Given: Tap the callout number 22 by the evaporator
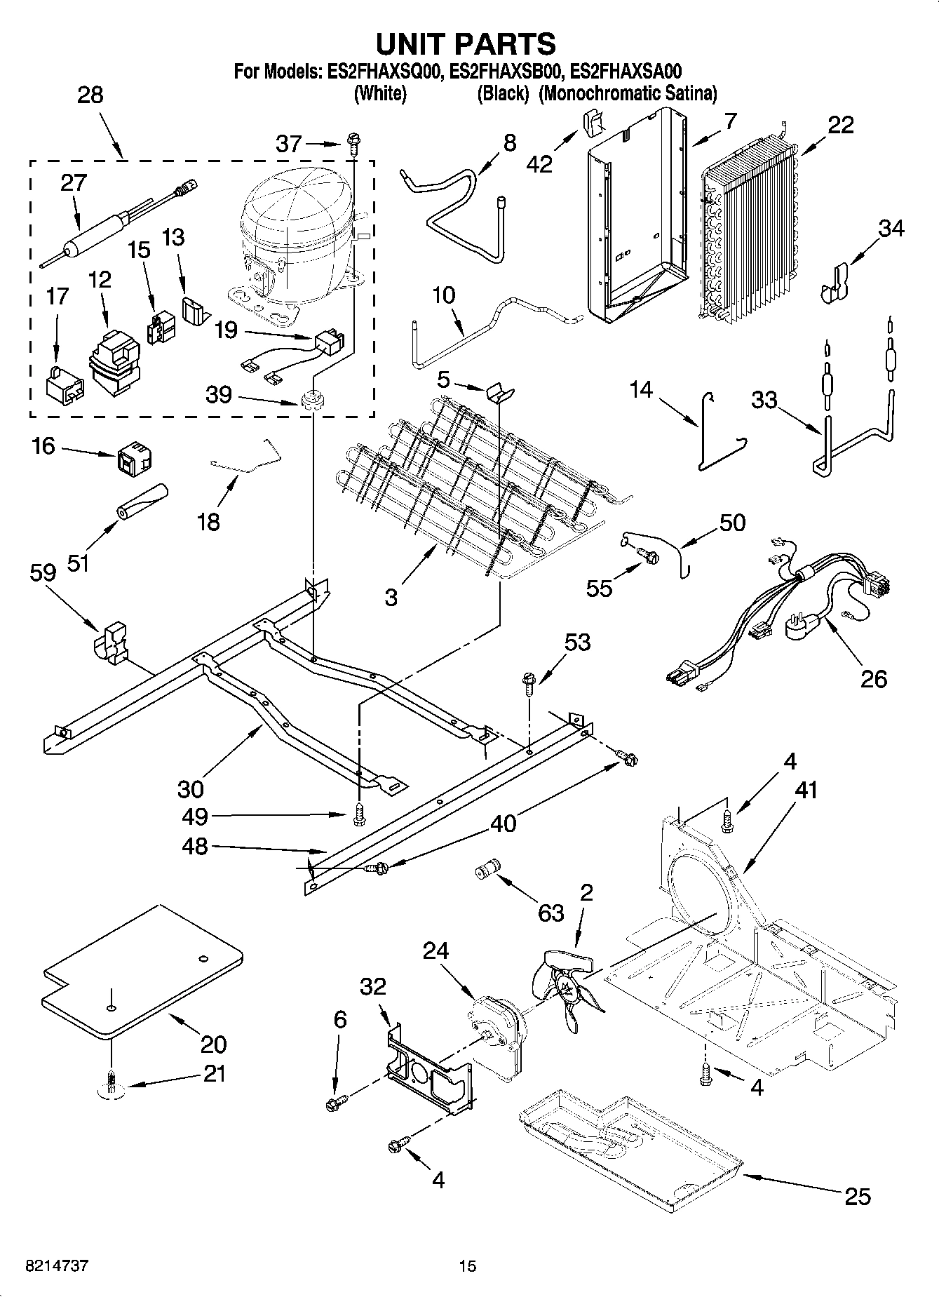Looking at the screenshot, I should [840, 125].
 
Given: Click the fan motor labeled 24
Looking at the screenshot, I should [496, 1031].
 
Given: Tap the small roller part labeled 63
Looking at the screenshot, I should [485, 871].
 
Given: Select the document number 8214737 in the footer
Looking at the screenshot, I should [57, 1265].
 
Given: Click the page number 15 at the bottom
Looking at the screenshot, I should [467, 1265].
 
